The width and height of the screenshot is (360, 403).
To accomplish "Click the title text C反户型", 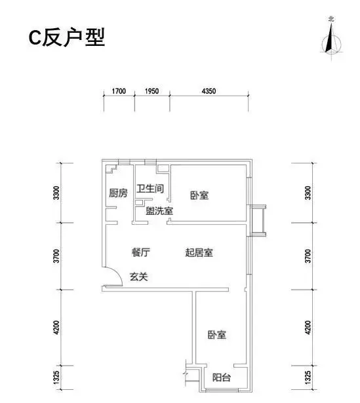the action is click(67, 37).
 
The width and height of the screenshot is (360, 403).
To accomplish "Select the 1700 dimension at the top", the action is click(119, 91).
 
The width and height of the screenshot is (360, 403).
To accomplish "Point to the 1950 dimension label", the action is click(151, 91).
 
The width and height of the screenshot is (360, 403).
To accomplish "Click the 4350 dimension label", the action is click(209, 91).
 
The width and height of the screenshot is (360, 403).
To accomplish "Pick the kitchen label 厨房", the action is click(118, 193).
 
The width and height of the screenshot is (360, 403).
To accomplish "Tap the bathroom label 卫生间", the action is click(150, 189).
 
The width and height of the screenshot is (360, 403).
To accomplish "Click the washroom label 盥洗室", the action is click(159, 211).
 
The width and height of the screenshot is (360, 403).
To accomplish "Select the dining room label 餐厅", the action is click(141, 252).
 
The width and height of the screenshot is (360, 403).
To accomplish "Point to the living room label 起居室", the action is click(199, 252).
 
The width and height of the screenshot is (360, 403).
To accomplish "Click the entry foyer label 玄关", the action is click(139, 277).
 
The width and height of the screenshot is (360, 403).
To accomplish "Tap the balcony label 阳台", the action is click(222, 377).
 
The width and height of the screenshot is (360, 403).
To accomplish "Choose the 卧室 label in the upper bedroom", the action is click(199, 195).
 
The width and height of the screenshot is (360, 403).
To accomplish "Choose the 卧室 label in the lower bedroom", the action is click(217, 335).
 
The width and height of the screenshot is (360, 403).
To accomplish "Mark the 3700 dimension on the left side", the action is click(57, 256).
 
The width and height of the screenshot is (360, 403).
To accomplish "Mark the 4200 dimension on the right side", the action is click(308, 328).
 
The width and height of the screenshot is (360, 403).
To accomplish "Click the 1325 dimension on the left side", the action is click(57, 377).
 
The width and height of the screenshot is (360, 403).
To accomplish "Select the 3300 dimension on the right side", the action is click(308, 193).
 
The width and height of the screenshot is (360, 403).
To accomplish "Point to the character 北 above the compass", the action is click(331, 19).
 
